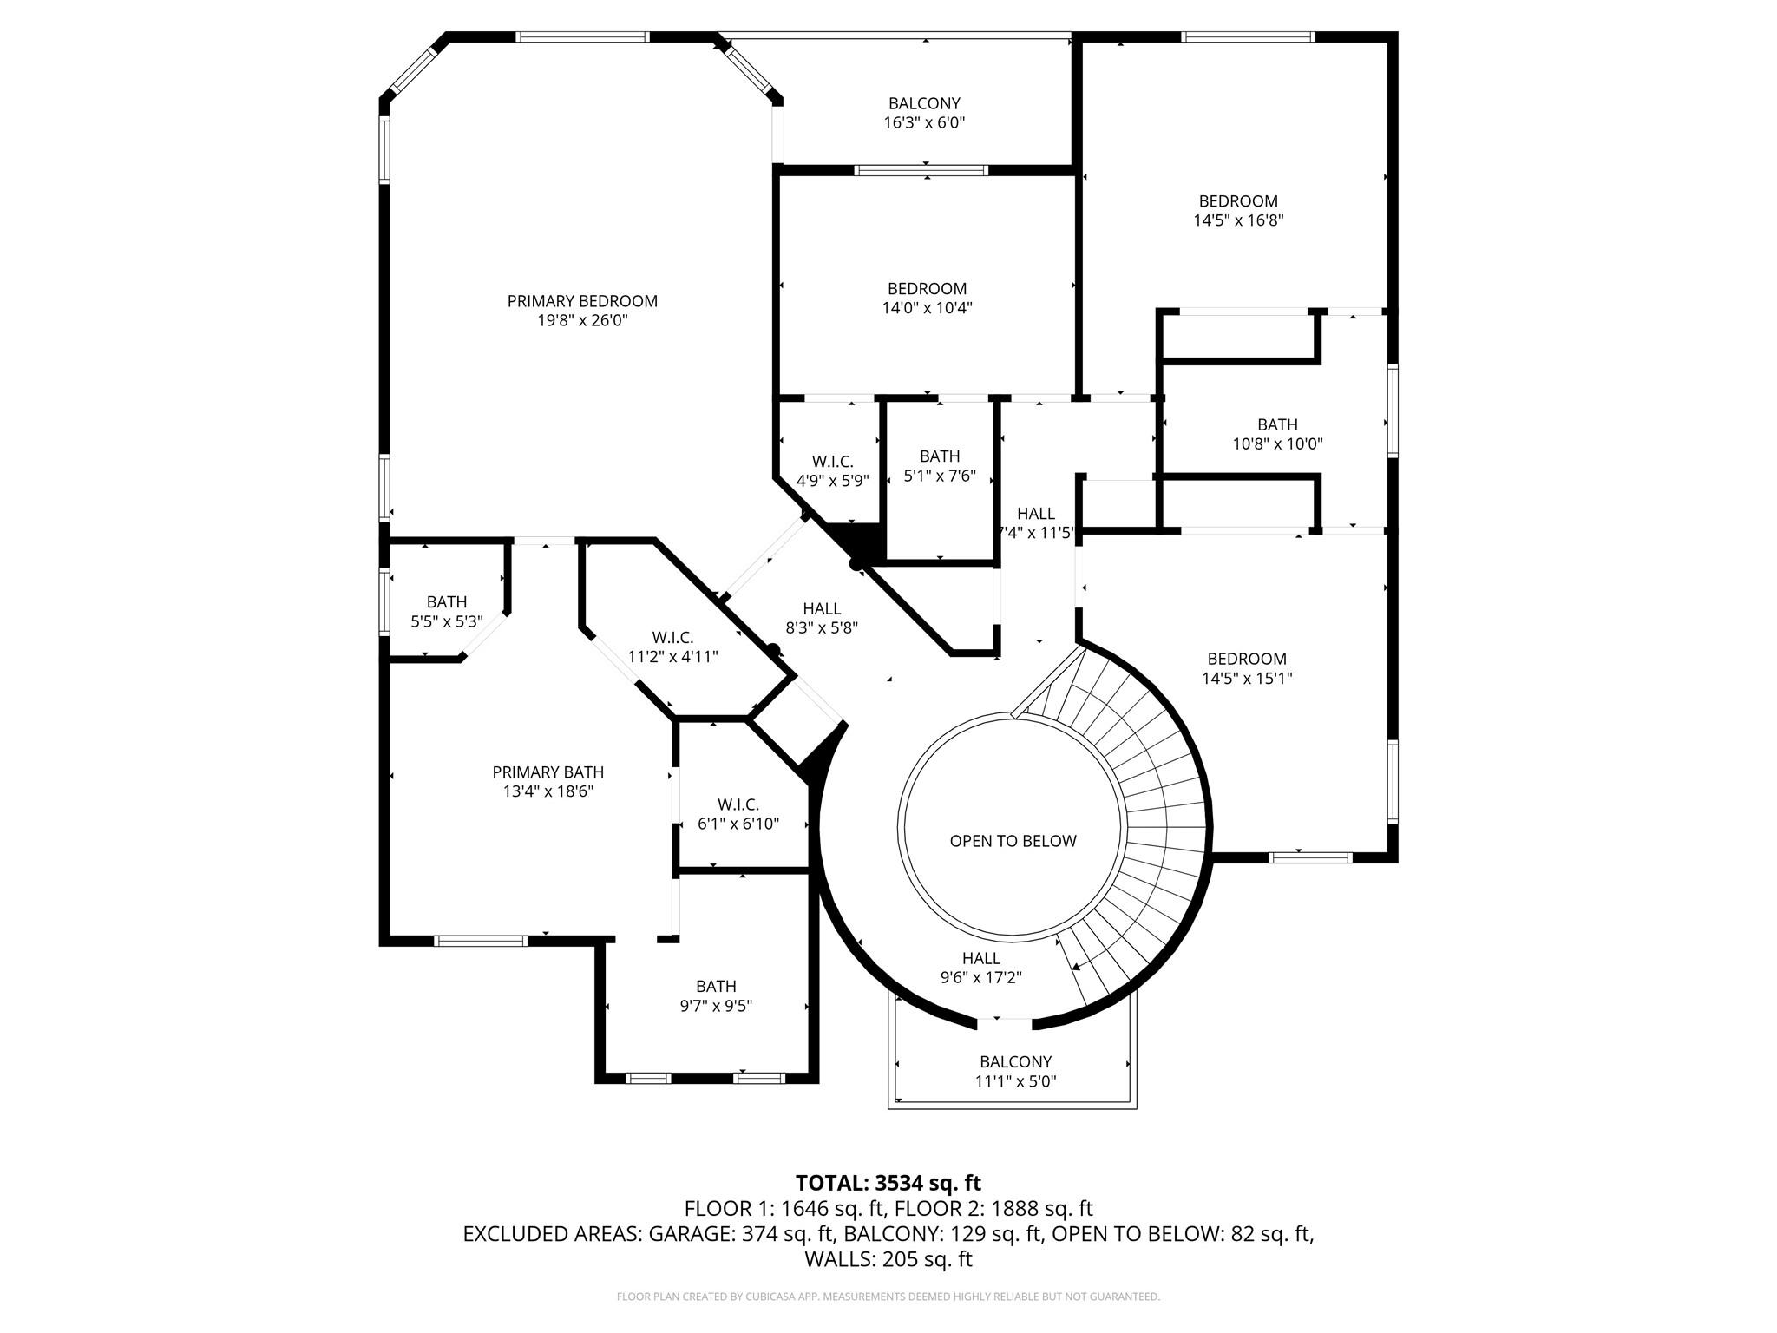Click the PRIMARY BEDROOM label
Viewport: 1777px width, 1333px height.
[582, 301]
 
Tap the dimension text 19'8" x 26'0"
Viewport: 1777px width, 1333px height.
[582, 320]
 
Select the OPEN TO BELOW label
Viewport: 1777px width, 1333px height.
[1013, 841]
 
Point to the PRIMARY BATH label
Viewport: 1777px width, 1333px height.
[548, 772]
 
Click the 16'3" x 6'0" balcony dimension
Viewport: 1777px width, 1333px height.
[924, 122]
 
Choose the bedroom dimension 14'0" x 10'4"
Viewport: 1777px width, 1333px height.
[927, 307]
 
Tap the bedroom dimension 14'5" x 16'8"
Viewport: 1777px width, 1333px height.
[1238, 220]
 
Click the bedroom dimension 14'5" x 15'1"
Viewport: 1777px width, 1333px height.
[1247, 678]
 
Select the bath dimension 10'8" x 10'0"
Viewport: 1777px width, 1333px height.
[1277, 443]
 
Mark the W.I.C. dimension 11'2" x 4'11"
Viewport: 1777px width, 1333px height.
[673, 656]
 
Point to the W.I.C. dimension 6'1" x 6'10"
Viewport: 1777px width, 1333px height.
[738, 823]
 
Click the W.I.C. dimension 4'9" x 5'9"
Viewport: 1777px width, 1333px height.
[833, 480]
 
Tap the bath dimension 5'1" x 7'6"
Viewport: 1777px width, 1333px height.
[940, 476]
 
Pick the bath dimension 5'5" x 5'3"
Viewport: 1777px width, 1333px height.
[447, 621]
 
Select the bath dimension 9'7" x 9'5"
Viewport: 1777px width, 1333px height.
[716, 1006]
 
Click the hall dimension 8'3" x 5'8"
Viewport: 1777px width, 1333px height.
[822, 627]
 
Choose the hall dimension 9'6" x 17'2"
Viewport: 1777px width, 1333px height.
[981, 977]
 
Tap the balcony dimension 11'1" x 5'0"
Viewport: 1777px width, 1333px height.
[1015, 1080]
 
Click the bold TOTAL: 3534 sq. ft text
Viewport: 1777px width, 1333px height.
[888, 1183]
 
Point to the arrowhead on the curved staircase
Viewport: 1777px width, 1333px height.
[1076, 967]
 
